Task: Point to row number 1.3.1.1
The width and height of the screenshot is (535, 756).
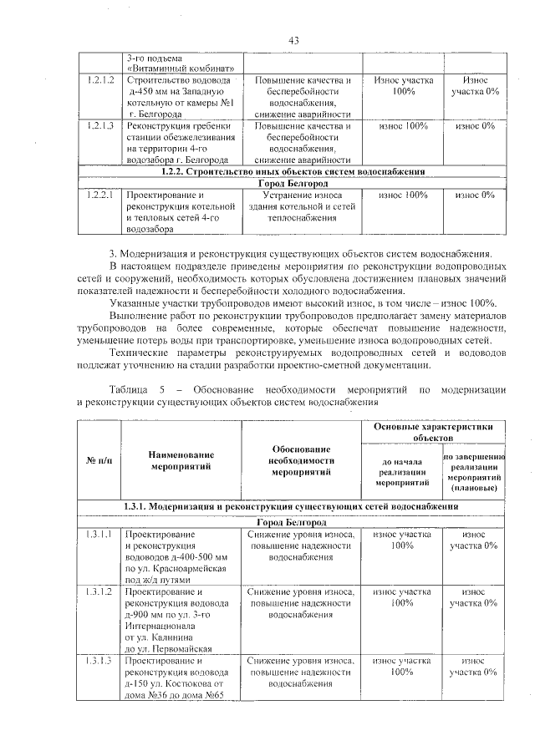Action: point(99,534)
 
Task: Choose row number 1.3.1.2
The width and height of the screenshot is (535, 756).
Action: point(99,591)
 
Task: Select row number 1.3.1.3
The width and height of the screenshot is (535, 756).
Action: point(99,661)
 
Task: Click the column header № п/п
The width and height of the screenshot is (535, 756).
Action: point(99,460)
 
